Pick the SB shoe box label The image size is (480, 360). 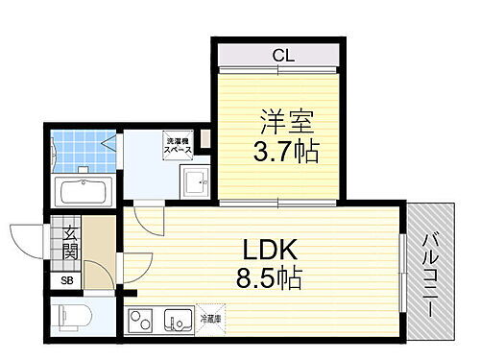(x=66, y=280)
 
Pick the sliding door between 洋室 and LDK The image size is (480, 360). (x=278, y=204)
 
